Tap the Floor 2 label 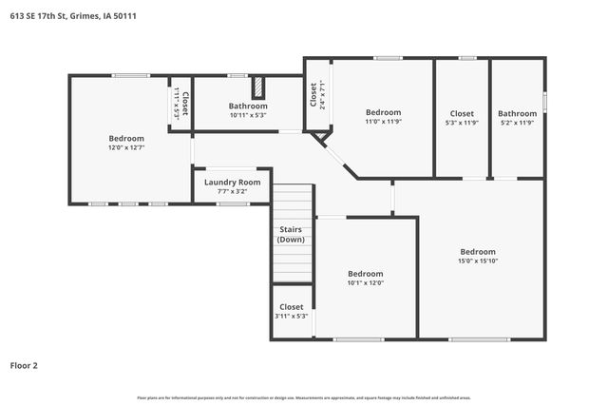pyautogui.click(x=24, y=364)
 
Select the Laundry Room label pyautogui.click(x=232, y=182)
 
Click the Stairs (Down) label pyautogui.click(x=291, y=234)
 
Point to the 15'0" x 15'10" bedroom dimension pyautogui.click(x=478, y=261)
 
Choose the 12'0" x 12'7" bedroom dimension pyautogui.click(x=125, y=147)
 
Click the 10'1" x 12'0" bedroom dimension pyautogui.click(x=365, y=282)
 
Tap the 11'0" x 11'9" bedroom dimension pyautogui.click(x=383, y=122)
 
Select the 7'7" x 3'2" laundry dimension pyautogui.click(x=232, y=191)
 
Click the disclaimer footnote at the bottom pyautogui.click(x=304, y=397)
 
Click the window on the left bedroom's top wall pyautogui.click(x=131, y=75)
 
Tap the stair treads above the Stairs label pyautogui.click(x=293, y=203)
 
